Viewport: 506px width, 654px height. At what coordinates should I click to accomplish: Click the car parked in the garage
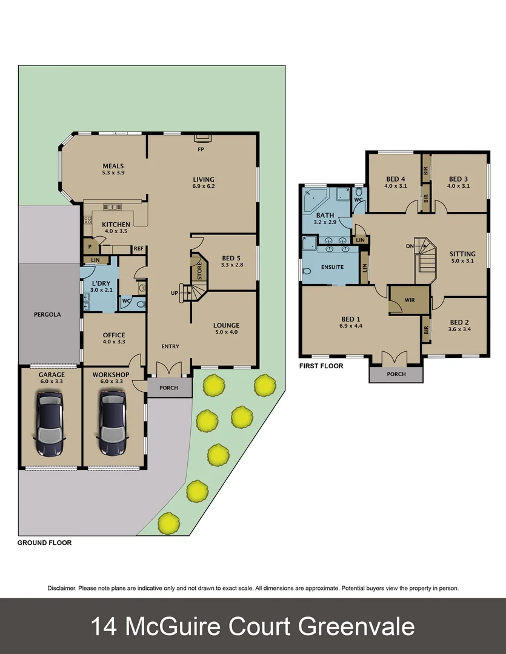[50, 423]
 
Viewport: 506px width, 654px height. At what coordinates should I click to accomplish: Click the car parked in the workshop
[113, 423]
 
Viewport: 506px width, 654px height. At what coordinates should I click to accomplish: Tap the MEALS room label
[113, 166]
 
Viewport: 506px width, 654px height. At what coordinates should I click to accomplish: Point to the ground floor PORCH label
[169, 388]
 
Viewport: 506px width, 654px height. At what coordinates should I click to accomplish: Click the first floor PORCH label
[396, 374]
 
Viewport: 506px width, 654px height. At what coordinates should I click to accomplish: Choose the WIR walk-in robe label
[409, 300]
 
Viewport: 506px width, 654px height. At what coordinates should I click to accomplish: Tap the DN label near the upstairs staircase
[410, 246]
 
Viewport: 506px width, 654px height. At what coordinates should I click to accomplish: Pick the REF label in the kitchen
[138, 248]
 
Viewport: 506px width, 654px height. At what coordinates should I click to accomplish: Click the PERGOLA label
[48, 315]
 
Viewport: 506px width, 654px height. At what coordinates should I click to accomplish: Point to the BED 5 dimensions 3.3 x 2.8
[231, 265]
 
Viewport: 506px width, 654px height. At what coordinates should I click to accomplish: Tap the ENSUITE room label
[333, 266]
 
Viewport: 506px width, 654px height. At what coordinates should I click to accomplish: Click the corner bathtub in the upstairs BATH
[315, 199]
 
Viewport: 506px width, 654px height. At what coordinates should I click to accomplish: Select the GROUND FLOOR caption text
[44, 543]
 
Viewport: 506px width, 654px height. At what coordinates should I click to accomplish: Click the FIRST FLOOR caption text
[321, 366]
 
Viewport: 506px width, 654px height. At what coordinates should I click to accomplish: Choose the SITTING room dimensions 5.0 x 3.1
[462, 262]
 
